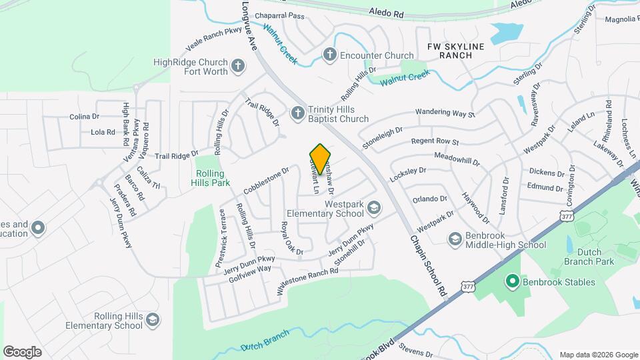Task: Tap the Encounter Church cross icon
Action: click(329, 55)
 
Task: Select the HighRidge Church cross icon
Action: click(238, 66)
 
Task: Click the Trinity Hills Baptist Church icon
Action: click(298, 113)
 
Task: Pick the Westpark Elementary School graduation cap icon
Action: click(374, 210)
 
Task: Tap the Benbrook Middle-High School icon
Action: click(455, 239)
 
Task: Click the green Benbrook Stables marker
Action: click(512, 282)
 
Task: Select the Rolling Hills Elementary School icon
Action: click(153, 321)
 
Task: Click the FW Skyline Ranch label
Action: click(455, 51)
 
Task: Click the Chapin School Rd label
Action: click(427, 265)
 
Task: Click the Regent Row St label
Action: click(435, 142)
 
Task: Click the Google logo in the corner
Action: click(22, 351)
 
